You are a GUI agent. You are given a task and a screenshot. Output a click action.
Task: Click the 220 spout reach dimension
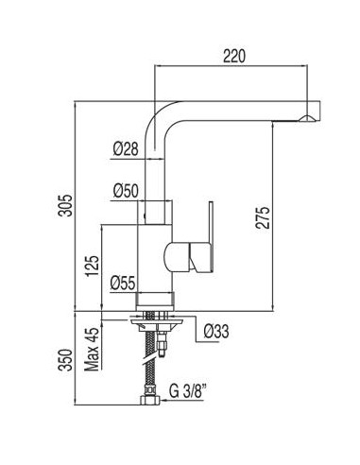click(233, 56)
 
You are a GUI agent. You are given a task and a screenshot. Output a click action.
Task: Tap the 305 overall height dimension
click(66, 205)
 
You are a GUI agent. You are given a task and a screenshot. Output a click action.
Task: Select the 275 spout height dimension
click(263, 217)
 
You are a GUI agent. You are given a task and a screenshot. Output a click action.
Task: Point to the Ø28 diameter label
click(126, 148)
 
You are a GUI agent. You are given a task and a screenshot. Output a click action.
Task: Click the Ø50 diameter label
click(126, 191)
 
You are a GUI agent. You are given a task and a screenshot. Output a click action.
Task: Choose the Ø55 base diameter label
click(123, 283)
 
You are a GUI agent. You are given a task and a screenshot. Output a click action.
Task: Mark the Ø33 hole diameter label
click(216, 331)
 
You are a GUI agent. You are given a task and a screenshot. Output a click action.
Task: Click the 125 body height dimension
click(93, 266)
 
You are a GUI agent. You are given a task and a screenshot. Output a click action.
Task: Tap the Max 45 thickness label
click(92, 350)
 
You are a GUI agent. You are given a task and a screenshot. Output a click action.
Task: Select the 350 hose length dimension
click(66, 360)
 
